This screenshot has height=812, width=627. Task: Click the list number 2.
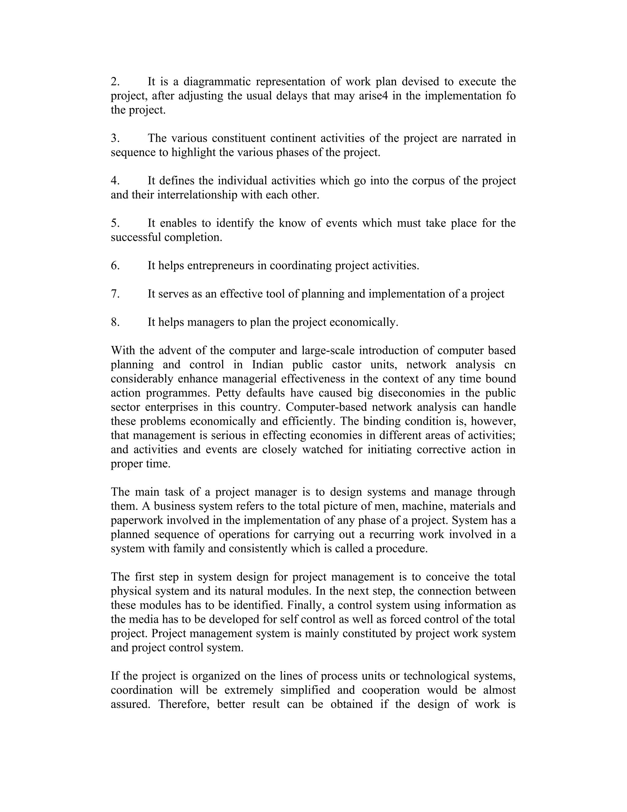(x=115, y=82)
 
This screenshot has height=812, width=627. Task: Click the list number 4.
(x=115, y=181)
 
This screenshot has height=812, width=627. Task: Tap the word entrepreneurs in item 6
(x=221, y=265)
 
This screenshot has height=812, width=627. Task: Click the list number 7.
(x=115, y=294)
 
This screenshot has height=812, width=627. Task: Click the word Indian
(x=268, y=365)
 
